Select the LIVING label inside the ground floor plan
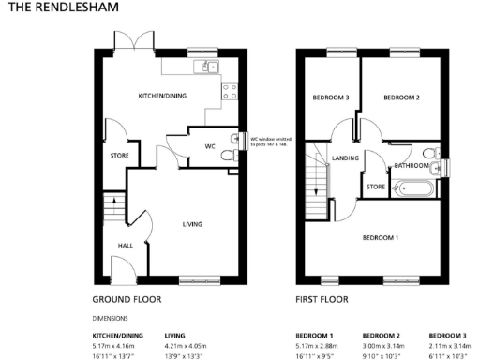tap(192, 223)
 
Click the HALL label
tap(125, 246)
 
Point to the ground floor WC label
tap(211, 146)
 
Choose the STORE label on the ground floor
tap(119, 156)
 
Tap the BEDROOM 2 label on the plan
tap(401, 97)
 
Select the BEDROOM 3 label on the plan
tap(331, 97)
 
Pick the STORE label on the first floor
tap(376, 187)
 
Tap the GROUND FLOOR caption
tap(127, 300)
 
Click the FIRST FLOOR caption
tap(322, 300)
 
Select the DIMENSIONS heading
tap(111, 319)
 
